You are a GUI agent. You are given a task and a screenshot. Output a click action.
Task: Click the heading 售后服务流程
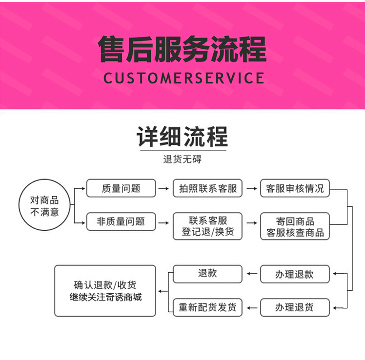pyautogui.click(x=182, y=50)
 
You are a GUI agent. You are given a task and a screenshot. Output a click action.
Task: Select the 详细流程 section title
pyautogui.click(x=182, y=137)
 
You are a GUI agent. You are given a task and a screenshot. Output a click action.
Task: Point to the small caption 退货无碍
pyautogui.click(x=182, y=159)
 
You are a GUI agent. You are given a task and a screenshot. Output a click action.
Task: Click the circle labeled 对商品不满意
pyautogui.click(x=44, y=206)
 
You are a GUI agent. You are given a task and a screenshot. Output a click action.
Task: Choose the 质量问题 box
pyautogui.click(x=121, y=188)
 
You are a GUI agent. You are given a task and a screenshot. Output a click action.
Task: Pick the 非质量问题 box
pyautogui.click(x=121, y=221)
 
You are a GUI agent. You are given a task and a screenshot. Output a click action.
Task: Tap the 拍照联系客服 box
pyautogui.click(x=207, y=188)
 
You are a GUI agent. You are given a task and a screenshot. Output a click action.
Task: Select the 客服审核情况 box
pyautogui.click(x=295, y=188)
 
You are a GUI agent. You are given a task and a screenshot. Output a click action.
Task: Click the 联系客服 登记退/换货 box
pyautogui.click(x=207, y=226)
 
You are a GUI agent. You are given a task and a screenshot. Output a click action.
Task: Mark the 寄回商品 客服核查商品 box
pyautogui.click(x=295, y=227)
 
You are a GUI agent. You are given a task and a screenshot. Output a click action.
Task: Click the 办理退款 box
pyautogui.click(x=295, y=274)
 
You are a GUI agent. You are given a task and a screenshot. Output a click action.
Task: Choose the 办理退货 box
pyautogui.click(x=295, y=307)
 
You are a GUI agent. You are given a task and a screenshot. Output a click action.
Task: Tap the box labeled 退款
pyautogui.click(x=207, y=274)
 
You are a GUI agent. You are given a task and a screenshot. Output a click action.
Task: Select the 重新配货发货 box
pyautogui.click(x=207, y=307)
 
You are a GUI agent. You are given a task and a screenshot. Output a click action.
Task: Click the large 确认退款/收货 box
pyautogui.click(x=105, y=291)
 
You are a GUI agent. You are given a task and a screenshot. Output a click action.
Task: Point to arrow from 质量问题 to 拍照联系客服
pyautogui.click(x=164, y=188)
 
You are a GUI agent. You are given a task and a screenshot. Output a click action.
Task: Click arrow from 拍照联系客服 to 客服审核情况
pyautogui.click(x=251, y=188)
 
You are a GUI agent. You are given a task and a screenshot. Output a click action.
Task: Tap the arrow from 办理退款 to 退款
pyautogui.click(x=251, y=274)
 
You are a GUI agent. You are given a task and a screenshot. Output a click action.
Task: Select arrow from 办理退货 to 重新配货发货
pyautogui.click(x=251, y=307)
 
